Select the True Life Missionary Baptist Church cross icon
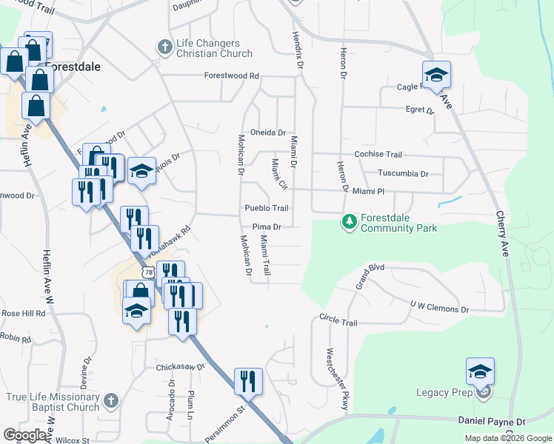tap(110, 401)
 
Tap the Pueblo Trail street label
tap(267, 209)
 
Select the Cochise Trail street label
tap(378, 155)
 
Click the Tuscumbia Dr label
tap(404, 174)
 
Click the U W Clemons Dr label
tap(440, 305)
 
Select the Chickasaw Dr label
tap(179, 366)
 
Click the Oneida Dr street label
tap(267, 132)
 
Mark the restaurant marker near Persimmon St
tap(248, 382)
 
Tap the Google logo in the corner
tap(25, 435)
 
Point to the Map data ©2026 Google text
tap(508, 438)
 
